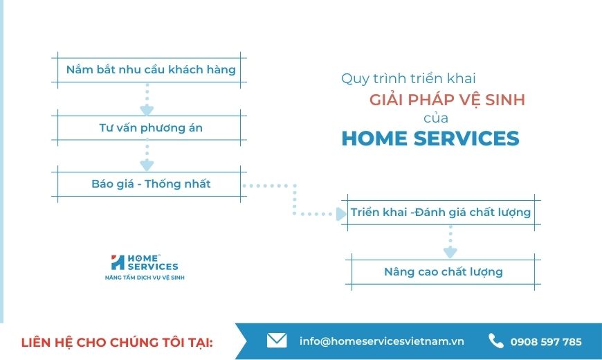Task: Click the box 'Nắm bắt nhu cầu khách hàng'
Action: click(149, 70)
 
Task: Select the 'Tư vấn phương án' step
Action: click(149, 127)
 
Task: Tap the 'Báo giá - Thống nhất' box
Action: click(149, 184)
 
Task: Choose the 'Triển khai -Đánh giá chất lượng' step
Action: click(441, 213)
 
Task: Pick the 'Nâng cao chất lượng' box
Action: click(444, 272)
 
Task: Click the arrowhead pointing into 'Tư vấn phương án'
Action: click(147, 109)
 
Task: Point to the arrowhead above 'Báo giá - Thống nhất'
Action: click(147, 165)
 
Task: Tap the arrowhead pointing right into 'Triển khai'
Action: click(341, 214)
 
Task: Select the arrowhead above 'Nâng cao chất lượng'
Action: click(450, 253)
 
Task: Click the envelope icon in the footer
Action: click(277, 341)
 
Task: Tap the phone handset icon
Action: click(495, 341)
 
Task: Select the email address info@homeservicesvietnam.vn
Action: click(382, 341)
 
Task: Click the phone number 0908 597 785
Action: click(546, 341)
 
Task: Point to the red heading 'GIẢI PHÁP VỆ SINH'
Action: click(447, 100)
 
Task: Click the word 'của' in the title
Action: click(436, 118)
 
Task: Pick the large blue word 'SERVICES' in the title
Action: click(466, 138)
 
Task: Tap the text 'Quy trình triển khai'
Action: click(408, 78)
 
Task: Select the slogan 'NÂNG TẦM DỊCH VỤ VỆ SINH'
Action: click(145, 278)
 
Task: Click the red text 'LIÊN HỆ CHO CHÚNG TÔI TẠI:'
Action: click(117, 342)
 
